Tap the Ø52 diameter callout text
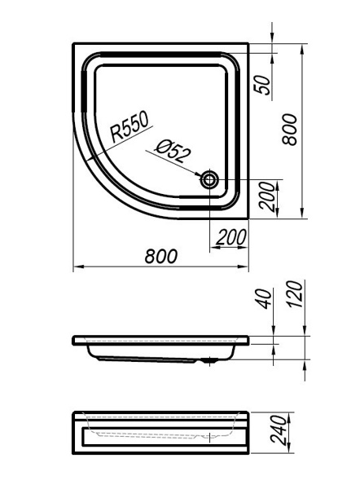click(x=173, y=151)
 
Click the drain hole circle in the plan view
click(x=209, y=179)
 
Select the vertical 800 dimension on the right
click(x=290, y=130)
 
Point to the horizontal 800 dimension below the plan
click(x=160, y=256)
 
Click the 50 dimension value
click(x=263, y=85)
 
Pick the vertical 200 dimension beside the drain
click(x=267, y=196)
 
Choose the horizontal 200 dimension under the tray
click(x=231, y=237)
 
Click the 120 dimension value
click(x=295, y=294)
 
